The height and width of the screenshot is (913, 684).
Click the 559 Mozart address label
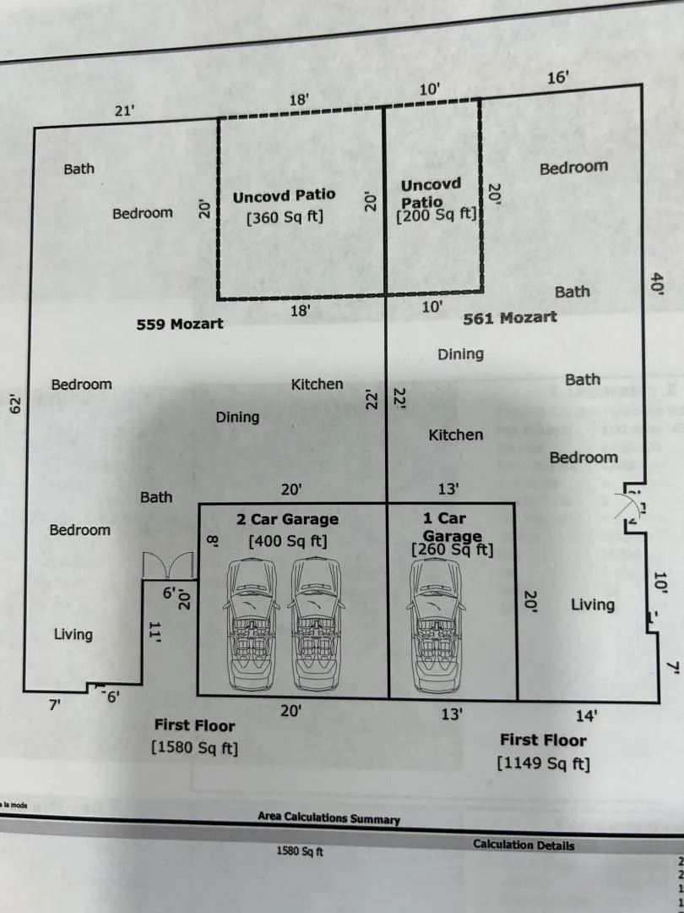pos(180,324)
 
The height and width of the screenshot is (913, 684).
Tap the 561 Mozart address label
pos(510,318)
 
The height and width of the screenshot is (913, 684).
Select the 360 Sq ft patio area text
pos(285,217)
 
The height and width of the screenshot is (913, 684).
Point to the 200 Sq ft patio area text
pos(437,215)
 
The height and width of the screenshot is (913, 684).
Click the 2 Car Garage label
pos(287,519)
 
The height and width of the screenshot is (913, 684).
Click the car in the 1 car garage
pos(437,626)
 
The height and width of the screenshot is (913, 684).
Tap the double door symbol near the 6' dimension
pos(168,565)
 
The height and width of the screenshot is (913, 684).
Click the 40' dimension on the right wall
pos(657,283)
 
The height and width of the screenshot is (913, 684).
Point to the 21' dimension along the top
pos(124,111)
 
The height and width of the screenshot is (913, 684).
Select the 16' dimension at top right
pos(558,78)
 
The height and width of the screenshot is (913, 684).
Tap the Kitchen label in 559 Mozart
pos(317,385)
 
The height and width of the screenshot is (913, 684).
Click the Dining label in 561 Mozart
pos(461,354)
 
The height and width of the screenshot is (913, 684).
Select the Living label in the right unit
pos(593,605)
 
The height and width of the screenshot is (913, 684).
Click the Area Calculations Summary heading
pos(328,817)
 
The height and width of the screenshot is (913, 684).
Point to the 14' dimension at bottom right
pos(586,716)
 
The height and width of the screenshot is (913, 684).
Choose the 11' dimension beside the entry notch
pos(155,632)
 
